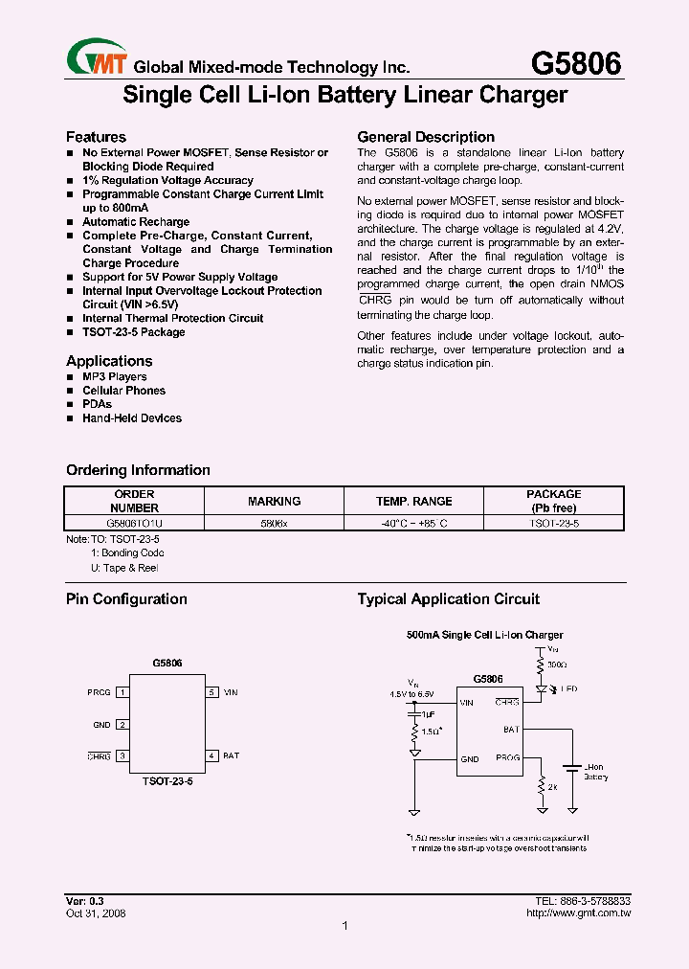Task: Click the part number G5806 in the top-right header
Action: (x=576, y=63)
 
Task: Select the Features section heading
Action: (x=96, y=137)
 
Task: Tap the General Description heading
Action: (x=426, y=137)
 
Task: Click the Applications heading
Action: (x=109, y=361)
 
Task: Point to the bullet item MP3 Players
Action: (x=114, y=376)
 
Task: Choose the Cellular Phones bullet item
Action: (x=123, y=391)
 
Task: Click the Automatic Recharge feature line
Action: (x=136, y=222)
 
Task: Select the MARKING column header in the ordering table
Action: (x=274, y=501)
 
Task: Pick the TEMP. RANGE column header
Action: (x=414, y=501)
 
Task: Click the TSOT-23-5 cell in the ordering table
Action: (x=554, y=524)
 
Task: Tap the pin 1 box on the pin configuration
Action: (x=122, y=691)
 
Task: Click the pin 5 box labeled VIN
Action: (x=211, y=691)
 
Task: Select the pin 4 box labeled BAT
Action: (x=211, y=755)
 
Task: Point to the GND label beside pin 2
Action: (x=101, y=725)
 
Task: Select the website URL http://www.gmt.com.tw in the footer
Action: (x=578, y=913)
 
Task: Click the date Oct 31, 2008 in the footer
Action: (x=96, y=913)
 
